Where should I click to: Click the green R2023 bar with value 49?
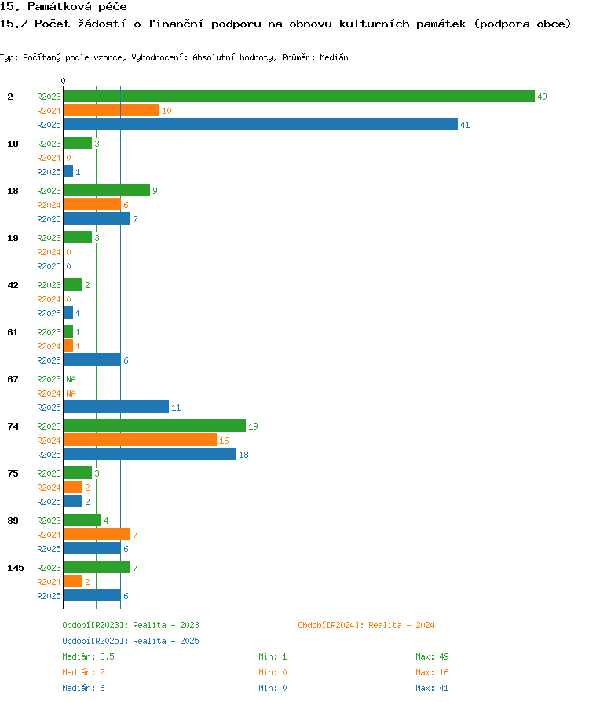[x=299, y=97]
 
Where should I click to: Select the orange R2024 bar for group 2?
[x=112, y=110]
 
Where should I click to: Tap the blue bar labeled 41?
[x=261, y=125]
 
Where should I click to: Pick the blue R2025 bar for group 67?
[x=116, y=407]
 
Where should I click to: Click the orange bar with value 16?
[x=141, y=440]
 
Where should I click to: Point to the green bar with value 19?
[x=155, y=426]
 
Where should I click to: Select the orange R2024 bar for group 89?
[x=97, y=534]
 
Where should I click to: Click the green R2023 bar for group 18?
[x=107, y=190]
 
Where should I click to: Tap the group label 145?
[x=16, y=568]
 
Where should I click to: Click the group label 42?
[x=13, y=285]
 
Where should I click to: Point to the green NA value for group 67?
[x=71, y=379]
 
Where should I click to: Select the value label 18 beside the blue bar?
[x=243, y=455]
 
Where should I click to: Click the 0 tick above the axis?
[x=63, y=81]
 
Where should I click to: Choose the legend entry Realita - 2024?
[x=366, y=625]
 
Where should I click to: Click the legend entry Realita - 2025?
[x=131, y=641]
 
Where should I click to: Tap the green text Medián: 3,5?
[x=88, y=656]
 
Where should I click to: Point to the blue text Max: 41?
[x=432, y=688]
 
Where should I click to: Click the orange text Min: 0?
[x=273, y=672]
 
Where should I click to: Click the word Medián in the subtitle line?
[x=334, y=57]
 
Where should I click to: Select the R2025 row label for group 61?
[x=49, y=360]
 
